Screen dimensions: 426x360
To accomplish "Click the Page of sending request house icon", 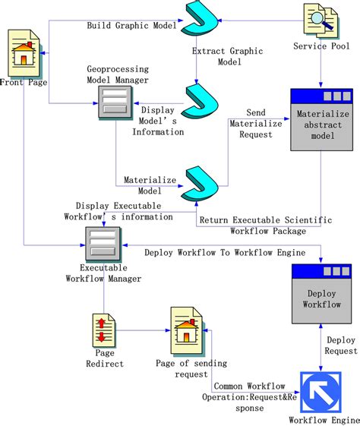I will pyautogui.click(x=186, y=330).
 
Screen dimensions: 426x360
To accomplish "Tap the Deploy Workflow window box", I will pyautogui.click(x=321, y=294).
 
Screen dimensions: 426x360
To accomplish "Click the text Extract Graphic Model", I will pyautogui.click(x=227, y=57).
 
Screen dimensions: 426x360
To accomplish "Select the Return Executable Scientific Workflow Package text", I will pyautogui.click(x=265, y=225).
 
